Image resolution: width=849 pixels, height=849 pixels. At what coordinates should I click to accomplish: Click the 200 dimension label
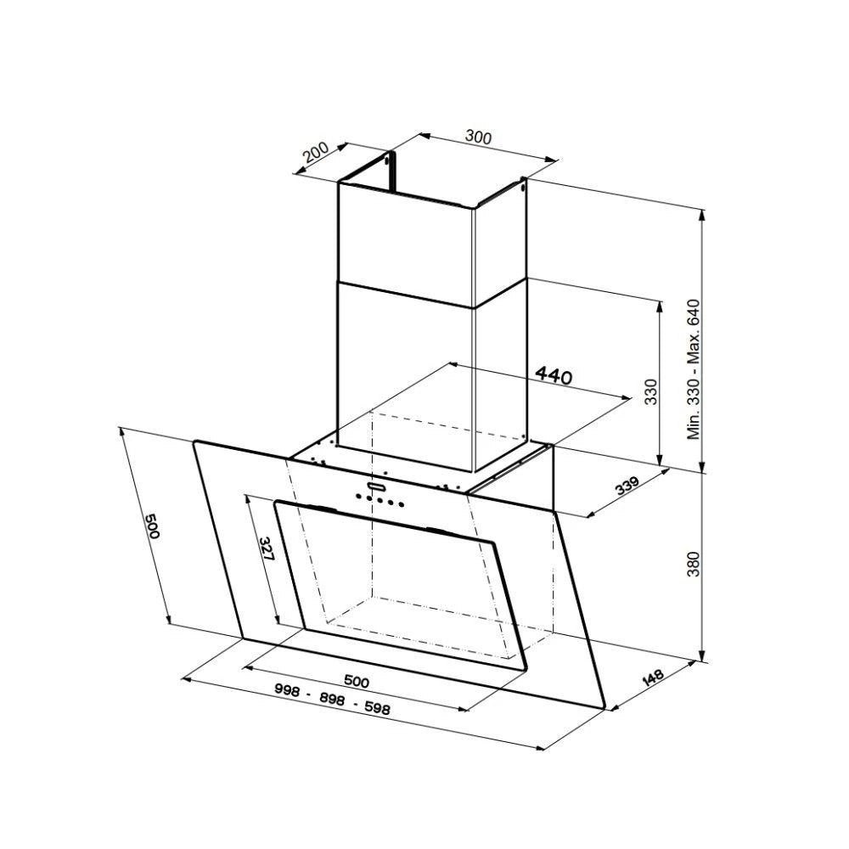coord(315,153)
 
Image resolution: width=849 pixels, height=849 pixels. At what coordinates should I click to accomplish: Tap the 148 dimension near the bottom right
coord(653,678)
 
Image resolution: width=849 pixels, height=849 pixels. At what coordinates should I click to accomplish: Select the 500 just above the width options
coord(357,681)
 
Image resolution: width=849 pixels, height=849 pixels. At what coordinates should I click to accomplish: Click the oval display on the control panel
coord(376,487)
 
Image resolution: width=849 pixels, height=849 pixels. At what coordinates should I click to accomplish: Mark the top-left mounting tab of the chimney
coord(391,160)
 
